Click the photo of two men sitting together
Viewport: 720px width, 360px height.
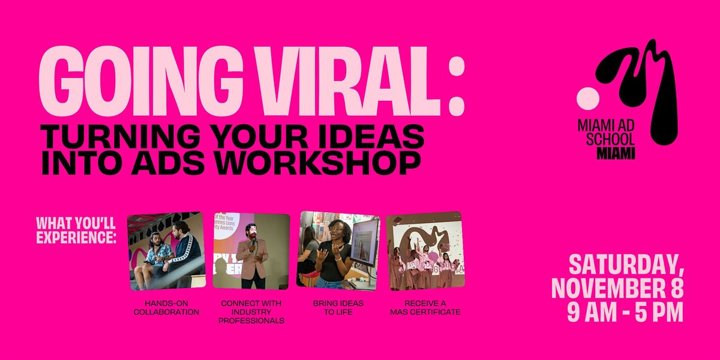click(166, 250)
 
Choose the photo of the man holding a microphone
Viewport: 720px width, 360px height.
click(251, 250)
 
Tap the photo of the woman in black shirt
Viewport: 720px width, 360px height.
click(339, 250)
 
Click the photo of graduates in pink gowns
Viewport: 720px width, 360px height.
click(424, 250)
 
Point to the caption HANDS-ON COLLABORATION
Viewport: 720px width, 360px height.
click(166, 307)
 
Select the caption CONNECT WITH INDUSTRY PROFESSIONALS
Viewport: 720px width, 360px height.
click(251, 311)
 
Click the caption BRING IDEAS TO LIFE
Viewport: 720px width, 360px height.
click(339, 307)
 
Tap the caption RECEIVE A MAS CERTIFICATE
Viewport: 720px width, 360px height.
click(424, 307)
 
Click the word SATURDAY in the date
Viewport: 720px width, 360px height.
click(624, 265)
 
